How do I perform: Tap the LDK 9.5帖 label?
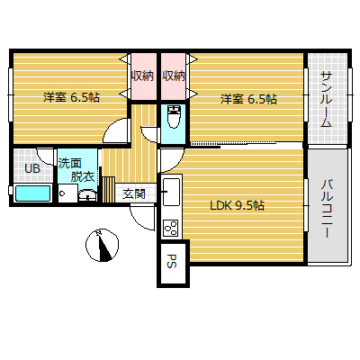pos(237,205)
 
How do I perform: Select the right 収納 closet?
pos(174,76)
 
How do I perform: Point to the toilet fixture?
pos(175,119)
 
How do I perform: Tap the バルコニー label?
pos(326,207)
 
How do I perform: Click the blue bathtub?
pos(33,193)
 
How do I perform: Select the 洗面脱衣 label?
pos(76,169)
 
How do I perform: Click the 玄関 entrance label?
pos(134,193)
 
